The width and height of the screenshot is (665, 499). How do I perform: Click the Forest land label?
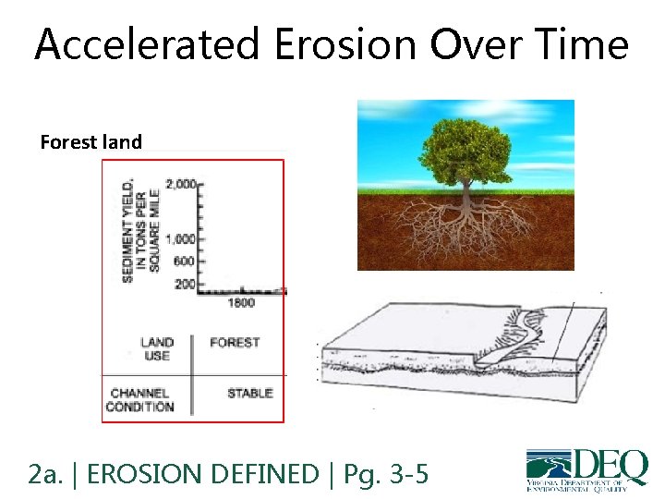(x=91, y=142)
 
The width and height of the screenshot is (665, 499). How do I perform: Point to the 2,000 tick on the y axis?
(x=181, y=184)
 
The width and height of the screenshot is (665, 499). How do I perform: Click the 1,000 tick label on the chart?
(x=181, y=238)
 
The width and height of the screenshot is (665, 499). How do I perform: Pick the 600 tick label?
(x=185, y=262)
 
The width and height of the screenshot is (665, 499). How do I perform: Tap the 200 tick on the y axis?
(x=185, y=284)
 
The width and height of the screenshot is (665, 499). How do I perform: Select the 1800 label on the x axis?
(x=241, y=302)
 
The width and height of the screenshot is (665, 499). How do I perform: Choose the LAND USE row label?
(x=157, y=349)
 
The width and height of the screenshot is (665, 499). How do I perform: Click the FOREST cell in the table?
(x=235, y=343)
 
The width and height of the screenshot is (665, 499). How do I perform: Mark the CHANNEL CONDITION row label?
(x=139, y=399)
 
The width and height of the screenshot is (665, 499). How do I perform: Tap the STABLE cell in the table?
(x=249, y=393)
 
